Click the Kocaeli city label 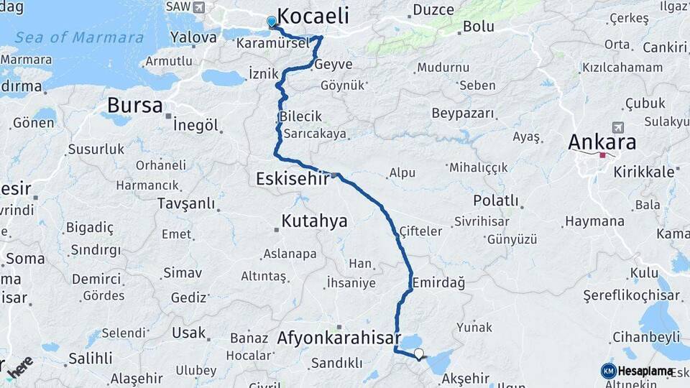coord(313,16)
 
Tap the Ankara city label coord(602,142)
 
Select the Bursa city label coord(134,106)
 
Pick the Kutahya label coord(314,221)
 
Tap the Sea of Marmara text coord(79,37)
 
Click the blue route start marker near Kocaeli coord(272,22)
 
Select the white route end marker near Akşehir coord(419,354)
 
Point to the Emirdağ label coord(438,282)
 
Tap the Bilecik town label coord(300,116)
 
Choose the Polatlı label coord(495,200)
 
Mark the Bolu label coord(478,27)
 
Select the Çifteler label coord(421,231)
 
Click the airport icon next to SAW coord(198,7)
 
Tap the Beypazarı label coord(463,114)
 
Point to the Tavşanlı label coord(186,204)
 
